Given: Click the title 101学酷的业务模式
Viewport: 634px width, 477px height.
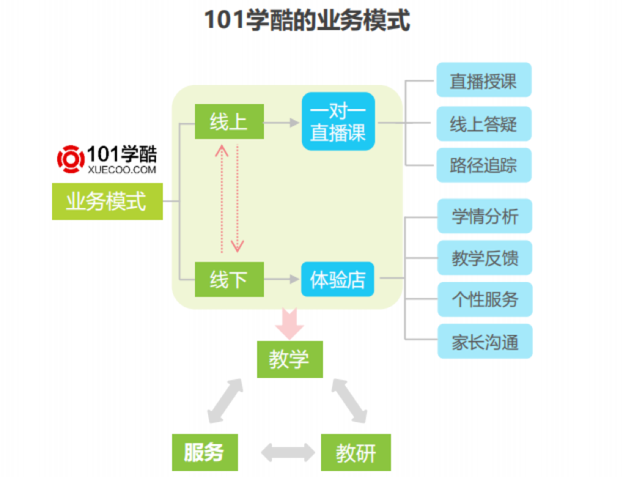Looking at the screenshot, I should click(x=307, y=21).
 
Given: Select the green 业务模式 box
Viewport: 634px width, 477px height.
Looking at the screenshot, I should click(x=106, y=201).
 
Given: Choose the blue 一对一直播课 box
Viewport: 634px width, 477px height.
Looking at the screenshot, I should click(x=338, y=122).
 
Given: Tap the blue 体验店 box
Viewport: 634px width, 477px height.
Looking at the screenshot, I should click(x=338, y=279).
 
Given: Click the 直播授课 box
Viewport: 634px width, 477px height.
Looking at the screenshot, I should click(x=484, y=81).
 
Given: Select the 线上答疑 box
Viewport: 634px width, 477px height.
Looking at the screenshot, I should click(x=484, y=124).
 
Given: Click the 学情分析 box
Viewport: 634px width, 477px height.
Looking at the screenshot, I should click(x=484, y=216).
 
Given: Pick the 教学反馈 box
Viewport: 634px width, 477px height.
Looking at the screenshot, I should click(x=484, y=258).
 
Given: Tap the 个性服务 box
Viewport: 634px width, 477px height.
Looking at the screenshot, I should click(x=484, y=300).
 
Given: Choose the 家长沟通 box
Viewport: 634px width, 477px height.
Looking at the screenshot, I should click(x=484, y=341).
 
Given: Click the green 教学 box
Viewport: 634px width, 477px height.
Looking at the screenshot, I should click(x=290, y=359).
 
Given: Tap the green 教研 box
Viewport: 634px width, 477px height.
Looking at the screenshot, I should click(x=355, y=453).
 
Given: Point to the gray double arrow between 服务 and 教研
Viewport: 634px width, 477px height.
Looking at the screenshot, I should click(x=279, y=453).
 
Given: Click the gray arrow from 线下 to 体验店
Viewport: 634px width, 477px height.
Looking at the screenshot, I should click(x=282, y=279).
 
